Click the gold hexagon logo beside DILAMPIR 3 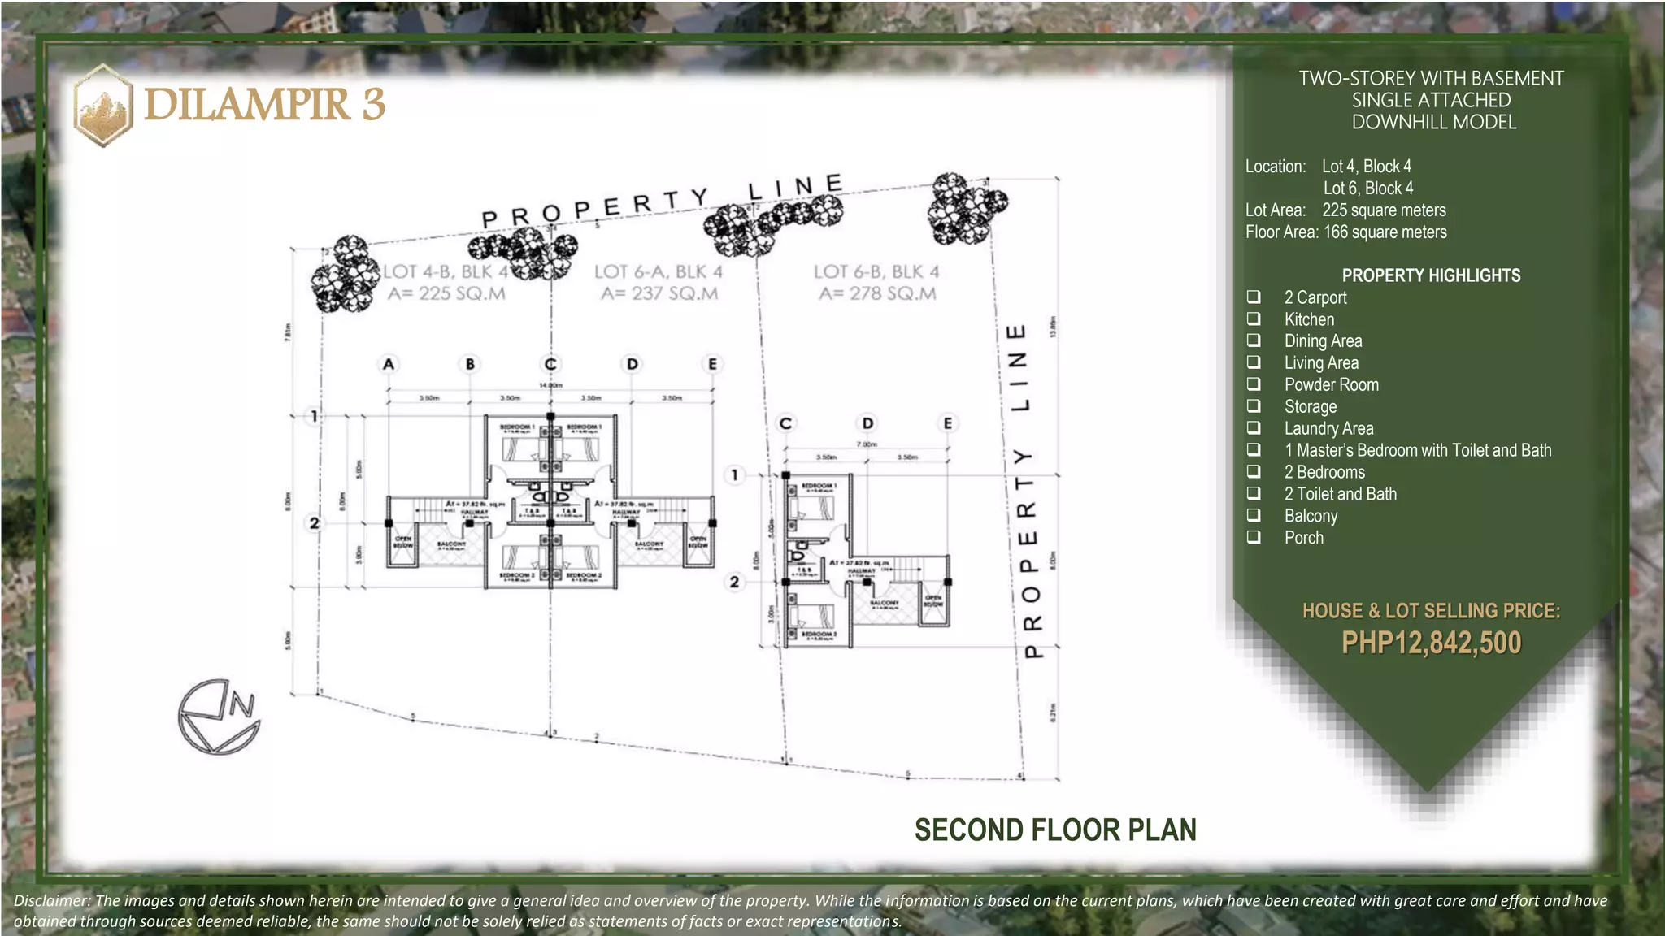coord(103,106)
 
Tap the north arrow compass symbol coord(219,717)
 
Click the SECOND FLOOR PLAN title coord(1055,830)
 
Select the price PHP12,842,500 coord(1431,643)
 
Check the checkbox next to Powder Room coord(1254,383)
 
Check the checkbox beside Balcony coord(1254,515)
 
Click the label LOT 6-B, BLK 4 coord(876,271)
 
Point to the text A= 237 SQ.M coord(659,293)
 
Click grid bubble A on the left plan coord(389,364)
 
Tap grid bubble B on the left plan coord(470,364)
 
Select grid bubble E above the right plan coord(948,423)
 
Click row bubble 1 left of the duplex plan coord(314,417)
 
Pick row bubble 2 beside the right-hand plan coord(734,582)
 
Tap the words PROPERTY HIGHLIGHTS coord(1431,275)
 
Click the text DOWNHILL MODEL coord(1433,122)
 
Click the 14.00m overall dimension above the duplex coord(550,385)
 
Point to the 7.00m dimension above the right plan coord(867,444)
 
